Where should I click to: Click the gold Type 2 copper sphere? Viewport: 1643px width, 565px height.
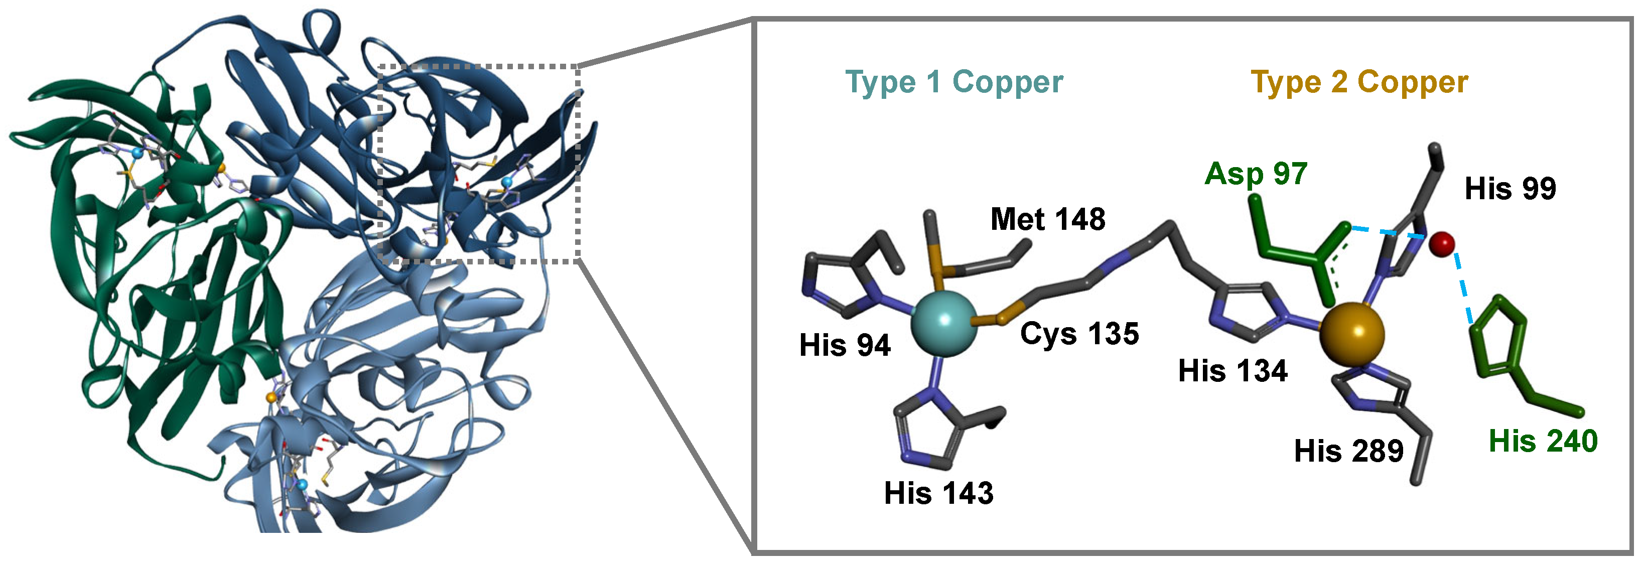(x=1351, y=335)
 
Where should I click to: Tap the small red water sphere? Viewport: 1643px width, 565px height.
(x=1441, y=243)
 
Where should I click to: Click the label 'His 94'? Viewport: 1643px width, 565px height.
(x=845, y=346)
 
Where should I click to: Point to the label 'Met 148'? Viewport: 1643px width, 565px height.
(x=1048, y=219)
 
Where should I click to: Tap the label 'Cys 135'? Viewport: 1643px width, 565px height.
(x=1079, y=334)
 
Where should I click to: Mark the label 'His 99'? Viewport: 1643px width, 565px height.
(x=1511, y=189)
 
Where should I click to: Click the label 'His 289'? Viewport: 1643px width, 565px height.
(x=1349, y=452)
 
